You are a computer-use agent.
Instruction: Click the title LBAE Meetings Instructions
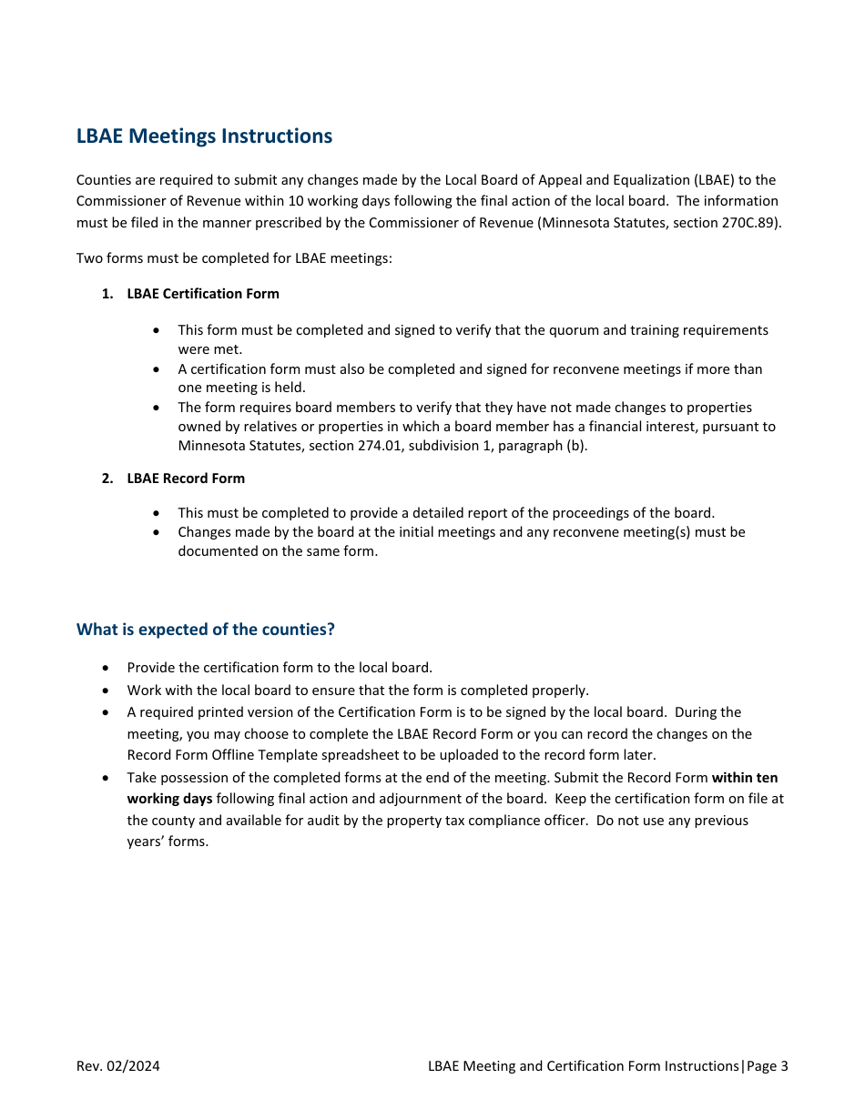tap(204, 136)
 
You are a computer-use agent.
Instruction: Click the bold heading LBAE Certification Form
tap(203, 294)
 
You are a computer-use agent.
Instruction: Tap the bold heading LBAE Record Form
tap(186, 479)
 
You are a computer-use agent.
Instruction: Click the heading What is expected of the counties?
tap(205, 630)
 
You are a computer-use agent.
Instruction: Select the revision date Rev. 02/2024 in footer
tap(118, 1066)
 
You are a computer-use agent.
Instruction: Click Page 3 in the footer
tap(768, 1066)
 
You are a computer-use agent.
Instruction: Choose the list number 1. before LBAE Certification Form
tap(107, 294)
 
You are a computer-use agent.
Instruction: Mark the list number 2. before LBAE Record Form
tap(107, 479)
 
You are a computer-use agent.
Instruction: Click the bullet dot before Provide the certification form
tap(107, 669)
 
